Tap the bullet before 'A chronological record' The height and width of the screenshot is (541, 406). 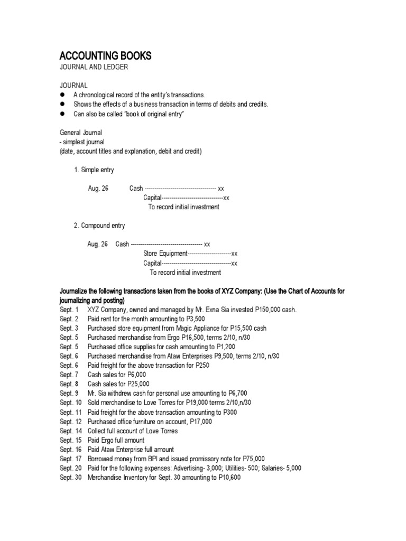click(62, 95)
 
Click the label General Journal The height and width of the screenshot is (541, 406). click(80, 133)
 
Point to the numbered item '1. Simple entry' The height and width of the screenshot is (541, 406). click(94, 170)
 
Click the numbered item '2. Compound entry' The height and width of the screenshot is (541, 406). click(99, 226)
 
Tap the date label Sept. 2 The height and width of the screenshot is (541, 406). click(69, 319)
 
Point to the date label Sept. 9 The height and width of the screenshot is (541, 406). click(69, 393)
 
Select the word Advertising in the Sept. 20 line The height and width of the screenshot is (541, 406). click(180, 468)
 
